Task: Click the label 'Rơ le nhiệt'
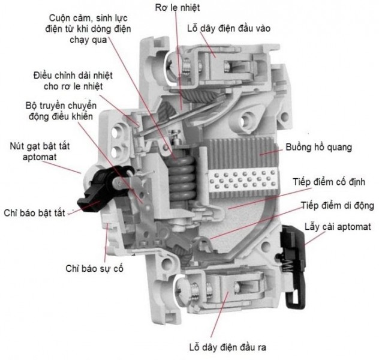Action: [178, 8]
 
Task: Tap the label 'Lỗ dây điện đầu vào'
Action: [228, 29]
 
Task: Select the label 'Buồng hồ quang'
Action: [318, 147]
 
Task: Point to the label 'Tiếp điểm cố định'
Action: [329, 182]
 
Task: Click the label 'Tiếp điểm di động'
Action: [338, 206]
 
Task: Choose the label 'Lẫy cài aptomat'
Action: [338, 227]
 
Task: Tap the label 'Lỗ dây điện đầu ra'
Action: [228, 347]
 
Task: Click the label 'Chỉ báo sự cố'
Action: [94, 269]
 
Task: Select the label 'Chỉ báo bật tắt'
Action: [34, 213]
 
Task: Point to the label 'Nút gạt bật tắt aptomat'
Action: [40, 152]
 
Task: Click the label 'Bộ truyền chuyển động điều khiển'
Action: [61, 111]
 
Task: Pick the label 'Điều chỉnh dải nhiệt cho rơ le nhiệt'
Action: [73, 81]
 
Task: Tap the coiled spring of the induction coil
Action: [182, 177]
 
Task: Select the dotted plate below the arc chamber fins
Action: [243, 181]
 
